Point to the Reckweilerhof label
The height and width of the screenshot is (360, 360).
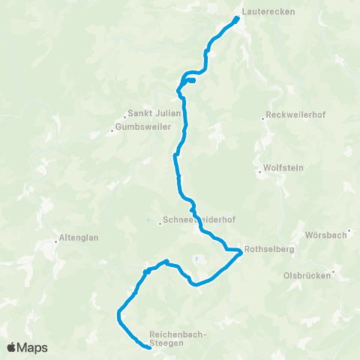coord(293,117)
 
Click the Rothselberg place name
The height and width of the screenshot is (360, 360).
coord(271,250)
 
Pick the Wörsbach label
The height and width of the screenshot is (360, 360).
coord(325,235)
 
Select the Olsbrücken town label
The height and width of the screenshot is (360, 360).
coord(307,275)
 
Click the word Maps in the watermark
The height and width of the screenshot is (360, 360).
coord(34,347)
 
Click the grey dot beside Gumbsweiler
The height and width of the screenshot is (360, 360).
coord(112,130)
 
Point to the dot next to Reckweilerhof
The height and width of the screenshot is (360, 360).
coord(263,118)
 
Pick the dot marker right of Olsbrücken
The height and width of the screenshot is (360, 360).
coord(335,274)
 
